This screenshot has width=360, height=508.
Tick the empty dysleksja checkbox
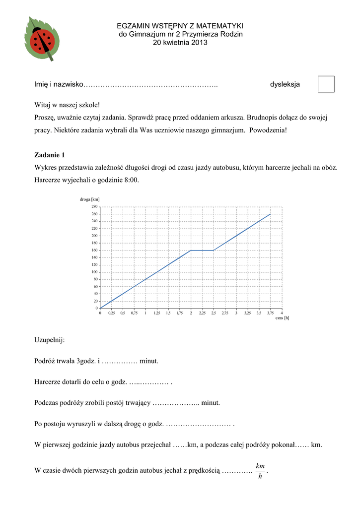pyautogui.click(x=326, y=84)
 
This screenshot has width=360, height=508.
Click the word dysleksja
pyautogui.click(x=285, y=85)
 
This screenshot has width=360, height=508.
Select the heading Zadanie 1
pyautogui.click(x=49, y=155)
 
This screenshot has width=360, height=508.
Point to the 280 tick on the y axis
pyautogui.click(x=94, y=206)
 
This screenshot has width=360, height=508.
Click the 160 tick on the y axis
pyautogui.click(x=94, y=250)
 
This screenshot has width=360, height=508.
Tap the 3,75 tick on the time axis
pyautogui.click(x=270, y=314)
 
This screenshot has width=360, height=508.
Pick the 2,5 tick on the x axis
pyautogui.click(x=214, y=314)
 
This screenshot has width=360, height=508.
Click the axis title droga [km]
pyautogui.click(x=90, y=199)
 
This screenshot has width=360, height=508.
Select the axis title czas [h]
pyautogui.click(x=282, y=318)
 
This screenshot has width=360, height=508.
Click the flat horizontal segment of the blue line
pyautogui.click(x=202, y=250)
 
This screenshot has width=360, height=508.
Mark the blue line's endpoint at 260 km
pyautogui.click(x=270, y=214)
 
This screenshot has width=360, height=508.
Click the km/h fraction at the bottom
pyautogui.click(x=260, y=471)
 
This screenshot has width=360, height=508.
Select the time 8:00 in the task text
pyautogui.click(x=131, y=180)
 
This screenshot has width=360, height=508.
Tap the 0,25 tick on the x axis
pyautogui.click(x=111, y=314)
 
